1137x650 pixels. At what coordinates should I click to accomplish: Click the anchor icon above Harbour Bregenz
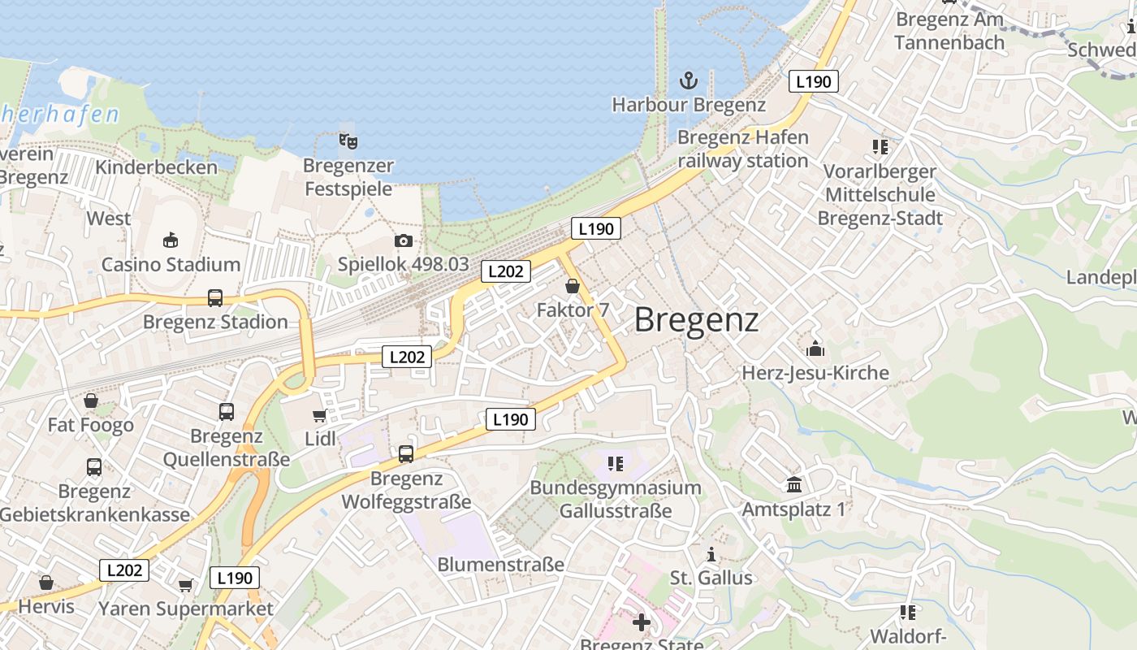pyautogui.click(x=689, y=80)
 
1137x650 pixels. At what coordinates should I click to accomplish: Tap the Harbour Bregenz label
pyautogui.click(x=689, y=105)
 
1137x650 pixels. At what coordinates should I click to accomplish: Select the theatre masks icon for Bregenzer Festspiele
pyautogui.click(x=348, y=141)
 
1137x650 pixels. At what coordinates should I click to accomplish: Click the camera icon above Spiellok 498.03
pyautogui.click(x=404, y=240)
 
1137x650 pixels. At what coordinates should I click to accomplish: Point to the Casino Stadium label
pyautogui.click(x=171, y=264)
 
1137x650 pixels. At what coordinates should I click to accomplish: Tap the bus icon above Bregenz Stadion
pyautogui.click(x=215, y=298)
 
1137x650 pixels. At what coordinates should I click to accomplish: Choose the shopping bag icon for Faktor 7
pyautogui.click(x=573, y=286)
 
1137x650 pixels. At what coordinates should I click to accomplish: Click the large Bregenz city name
pyautogui.click(x=696, y=320)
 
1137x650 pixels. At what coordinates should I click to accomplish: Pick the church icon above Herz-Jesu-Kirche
pyautogui.click(x=815, y=349)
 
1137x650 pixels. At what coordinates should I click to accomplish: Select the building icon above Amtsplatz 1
pyautogui.click(x=794, y=485)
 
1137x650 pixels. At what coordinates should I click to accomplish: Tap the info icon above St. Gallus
pyautogui.click(x=711, y=555)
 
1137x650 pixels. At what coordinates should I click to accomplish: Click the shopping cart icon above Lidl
pyautogui.click(x=319, y=416)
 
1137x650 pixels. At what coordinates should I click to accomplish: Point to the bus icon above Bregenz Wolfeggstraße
pyautogui.click(x=406, y=454)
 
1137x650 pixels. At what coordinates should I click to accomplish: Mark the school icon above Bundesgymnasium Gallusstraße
pyautogui.click(x=615, y=464)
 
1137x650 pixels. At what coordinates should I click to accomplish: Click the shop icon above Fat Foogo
pyautogui.click(x=91, y=401)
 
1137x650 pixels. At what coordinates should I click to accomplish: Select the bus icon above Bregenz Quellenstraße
pyautogui.click(x=227, y=412)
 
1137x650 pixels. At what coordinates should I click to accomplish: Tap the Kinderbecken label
pyautogui.click(x=157, y=167)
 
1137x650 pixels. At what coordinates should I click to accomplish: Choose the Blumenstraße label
pyautogui.click(x=500, y=564)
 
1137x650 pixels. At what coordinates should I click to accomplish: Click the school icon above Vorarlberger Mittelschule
pyautogui.click(x=880, y=147)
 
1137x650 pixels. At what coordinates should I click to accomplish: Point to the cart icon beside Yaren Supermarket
pyautogui.click(x=186, y=585)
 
